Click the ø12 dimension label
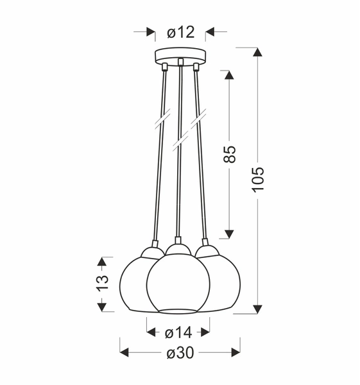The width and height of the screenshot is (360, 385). click(180, 31)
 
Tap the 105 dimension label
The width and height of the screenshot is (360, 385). click(258, 180)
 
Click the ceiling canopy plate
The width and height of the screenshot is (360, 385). click(181, 55)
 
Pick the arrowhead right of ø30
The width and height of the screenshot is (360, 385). click(235, 352)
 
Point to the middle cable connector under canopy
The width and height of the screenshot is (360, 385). click(181, 64)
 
